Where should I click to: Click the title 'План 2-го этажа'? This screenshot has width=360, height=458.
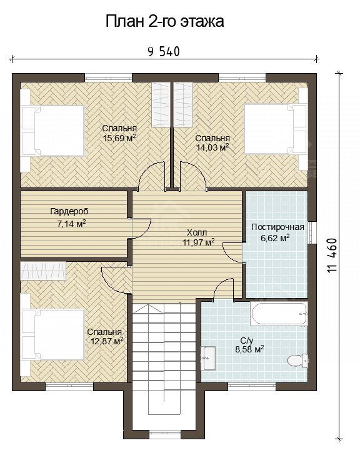(164, 22)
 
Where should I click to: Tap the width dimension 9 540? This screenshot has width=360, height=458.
(164, 52)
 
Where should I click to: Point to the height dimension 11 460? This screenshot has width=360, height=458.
(332, 256)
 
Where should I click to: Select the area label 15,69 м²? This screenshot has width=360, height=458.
(119, 138)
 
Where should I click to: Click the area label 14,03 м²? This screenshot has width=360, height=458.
(212, 147)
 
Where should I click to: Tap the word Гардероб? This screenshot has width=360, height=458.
(69, 211)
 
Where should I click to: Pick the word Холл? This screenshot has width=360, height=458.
(197, 233)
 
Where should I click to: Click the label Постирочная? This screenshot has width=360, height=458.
(277, 227)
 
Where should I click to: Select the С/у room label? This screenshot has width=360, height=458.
(246, 341)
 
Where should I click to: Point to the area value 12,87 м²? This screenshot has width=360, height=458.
(107, 341)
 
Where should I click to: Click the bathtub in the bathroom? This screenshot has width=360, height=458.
(279, 314)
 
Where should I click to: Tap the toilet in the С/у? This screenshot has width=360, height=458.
(297, 361)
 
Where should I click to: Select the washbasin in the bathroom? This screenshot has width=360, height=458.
(208, 359)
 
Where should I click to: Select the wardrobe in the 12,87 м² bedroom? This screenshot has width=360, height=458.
(43, 271)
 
